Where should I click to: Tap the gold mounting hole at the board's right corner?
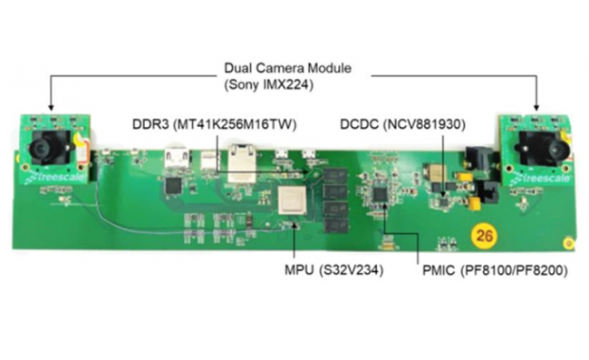[568, 242]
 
